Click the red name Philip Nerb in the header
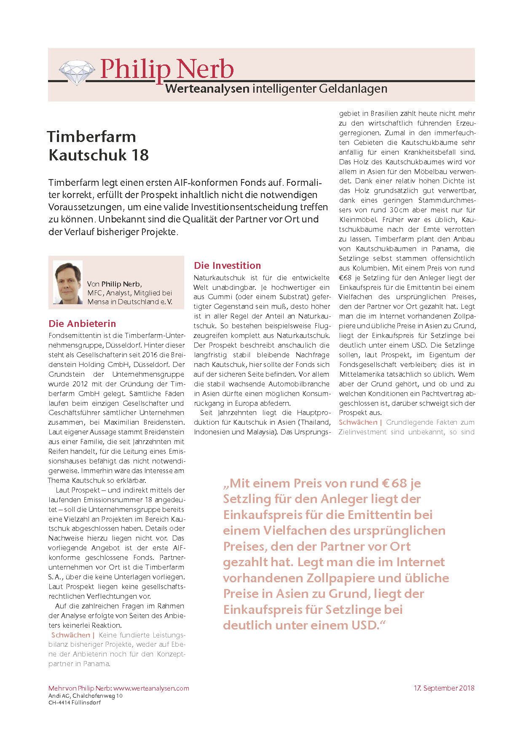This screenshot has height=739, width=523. tap(166, 69)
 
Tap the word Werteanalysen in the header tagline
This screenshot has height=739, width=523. tap(207, 89)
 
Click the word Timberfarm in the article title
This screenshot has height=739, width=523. tap(91, 137)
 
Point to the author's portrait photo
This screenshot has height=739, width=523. tap(68, 282)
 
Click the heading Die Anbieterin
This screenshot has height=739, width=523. tap(82, 324)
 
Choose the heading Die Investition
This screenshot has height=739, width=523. tap(227, 265)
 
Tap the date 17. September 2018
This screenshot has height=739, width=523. tap(444, 688)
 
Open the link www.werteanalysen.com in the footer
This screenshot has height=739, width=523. tap(151, 688)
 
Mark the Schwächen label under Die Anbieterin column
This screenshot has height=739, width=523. tap(71, 635)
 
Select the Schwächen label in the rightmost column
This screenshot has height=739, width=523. tap(358, 422)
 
